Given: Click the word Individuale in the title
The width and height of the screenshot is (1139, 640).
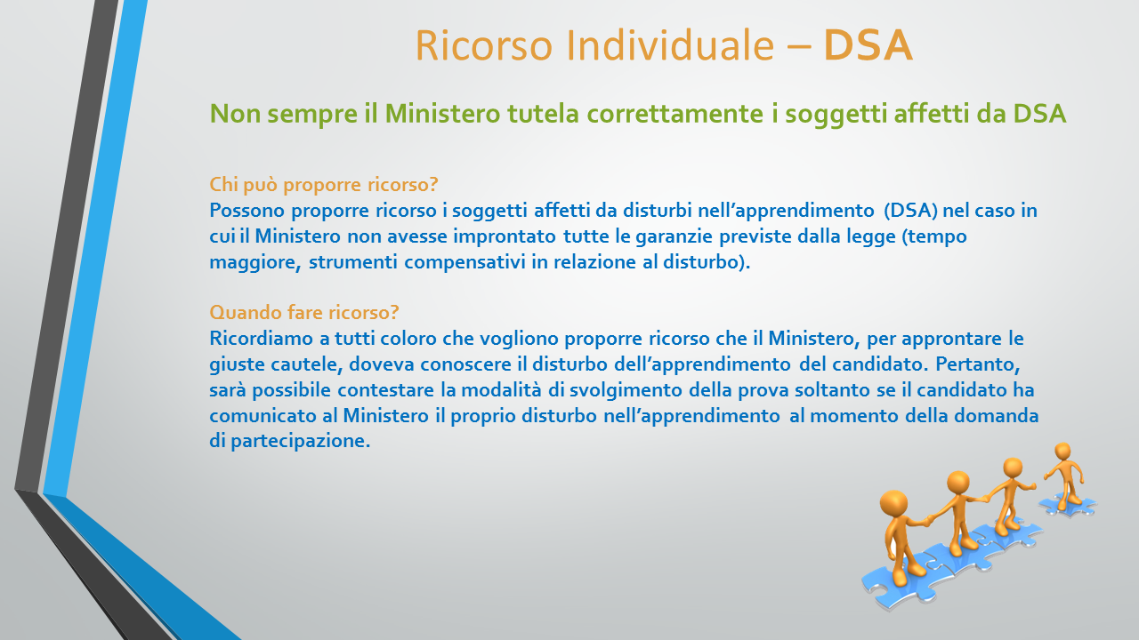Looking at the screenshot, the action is coord(670,45).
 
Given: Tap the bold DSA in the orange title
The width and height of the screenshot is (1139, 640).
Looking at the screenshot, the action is coord(868,45).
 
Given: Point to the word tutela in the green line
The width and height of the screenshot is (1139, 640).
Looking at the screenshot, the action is coord(543,113).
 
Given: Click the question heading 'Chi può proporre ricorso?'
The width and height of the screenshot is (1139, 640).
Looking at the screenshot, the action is coord(324,185).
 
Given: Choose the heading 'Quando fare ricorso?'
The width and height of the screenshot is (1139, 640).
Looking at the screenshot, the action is coord(304,312).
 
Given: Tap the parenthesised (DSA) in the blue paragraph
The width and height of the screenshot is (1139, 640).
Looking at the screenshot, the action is coord(910,211).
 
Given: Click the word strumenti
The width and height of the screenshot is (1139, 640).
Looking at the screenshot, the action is coord(353,262).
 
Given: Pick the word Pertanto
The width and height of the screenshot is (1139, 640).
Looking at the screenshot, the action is coord(977,364).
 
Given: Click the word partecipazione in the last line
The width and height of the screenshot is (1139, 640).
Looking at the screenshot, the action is coord(300,441).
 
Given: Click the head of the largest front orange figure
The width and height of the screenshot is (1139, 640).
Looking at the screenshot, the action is coord(893,503).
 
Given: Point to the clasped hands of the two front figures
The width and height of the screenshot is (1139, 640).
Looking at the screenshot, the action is coord(928,520).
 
